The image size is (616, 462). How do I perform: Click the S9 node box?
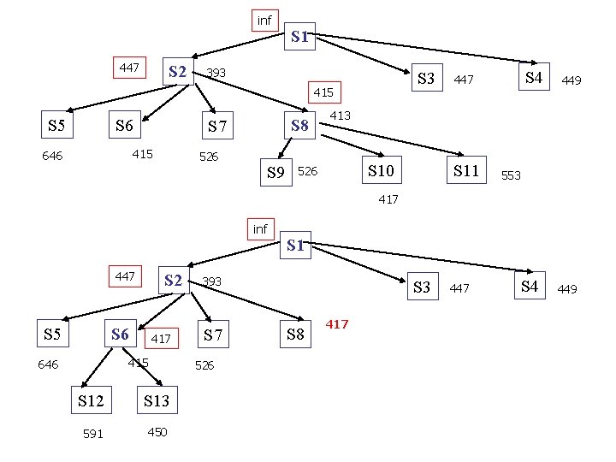point(275,172)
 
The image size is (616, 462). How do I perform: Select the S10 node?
point(381,170)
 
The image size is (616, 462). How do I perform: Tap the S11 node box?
point(466,170)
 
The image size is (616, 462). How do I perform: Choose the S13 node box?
point(156,400)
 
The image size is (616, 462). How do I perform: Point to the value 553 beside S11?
point(511,175)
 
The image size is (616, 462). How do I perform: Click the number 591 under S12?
point(92,434)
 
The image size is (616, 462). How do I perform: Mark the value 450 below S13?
point(157,431)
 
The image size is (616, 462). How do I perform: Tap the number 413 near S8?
point(341,115)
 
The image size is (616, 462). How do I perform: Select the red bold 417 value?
point(337,324)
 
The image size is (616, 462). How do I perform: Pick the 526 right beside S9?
point(308,172)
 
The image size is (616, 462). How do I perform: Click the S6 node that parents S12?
point(120,334)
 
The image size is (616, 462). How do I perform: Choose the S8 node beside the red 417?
point(295,334)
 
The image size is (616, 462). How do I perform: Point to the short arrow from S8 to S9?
point(284,149)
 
